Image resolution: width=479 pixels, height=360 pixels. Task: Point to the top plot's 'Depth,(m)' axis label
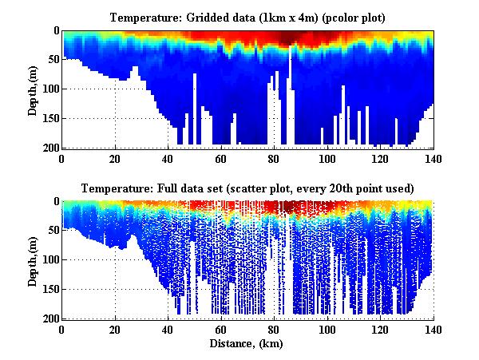click(33, 89)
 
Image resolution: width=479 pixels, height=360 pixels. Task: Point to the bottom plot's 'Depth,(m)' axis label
click(33, 260)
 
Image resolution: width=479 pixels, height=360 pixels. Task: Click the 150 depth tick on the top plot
click(49, 118)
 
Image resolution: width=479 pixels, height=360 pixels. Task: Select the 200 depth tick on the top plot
click(49, 148)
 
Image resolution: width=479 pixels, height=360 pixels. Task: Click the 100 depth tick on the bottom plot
click(49, 260)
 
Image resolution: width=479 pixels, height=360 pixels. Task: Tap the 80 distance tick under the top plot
click(274, 158)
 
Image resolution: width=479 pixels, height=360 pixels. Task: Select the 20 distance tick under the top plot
click(115, 158)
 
